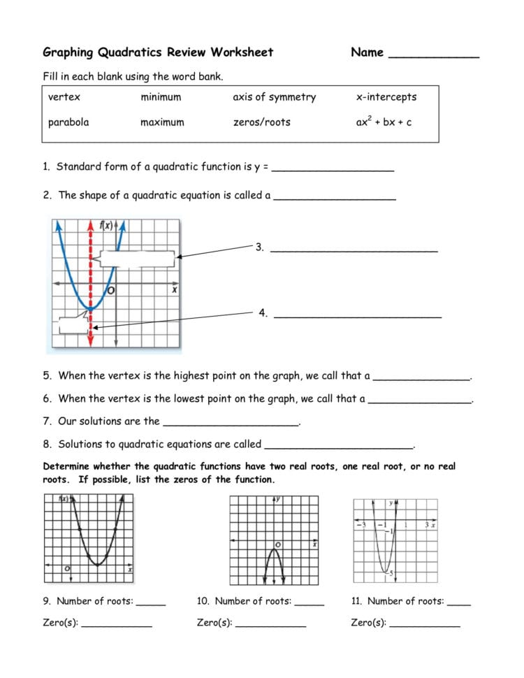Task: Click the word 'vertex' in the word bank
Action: [x=64, y=97]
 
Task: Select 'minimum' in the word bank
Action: [x=161, y=97]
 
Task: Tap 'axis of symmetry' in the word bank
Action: [x=274, y=97]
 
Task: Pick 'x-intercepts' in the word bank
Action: [x=386, y=97]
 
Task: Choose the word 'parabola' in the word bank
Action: [x=68, y=122]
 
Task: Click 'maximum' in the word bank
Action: [x=162, y=122]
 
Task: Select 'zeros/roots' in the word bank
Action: [x=261, y=122]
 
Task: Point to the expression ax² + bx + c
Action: [x=384, y=122]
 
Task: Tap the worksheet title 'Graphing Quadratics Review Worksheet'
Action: [x=158, y=52]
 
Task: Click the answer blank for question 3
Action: [x=354, y=250]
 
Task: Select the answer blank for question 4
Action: [x=358, y=316]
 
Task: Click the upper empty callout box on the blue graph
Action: [x=137, y=259]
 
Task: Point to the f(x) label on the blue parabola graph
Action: [x=106, y=225]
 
